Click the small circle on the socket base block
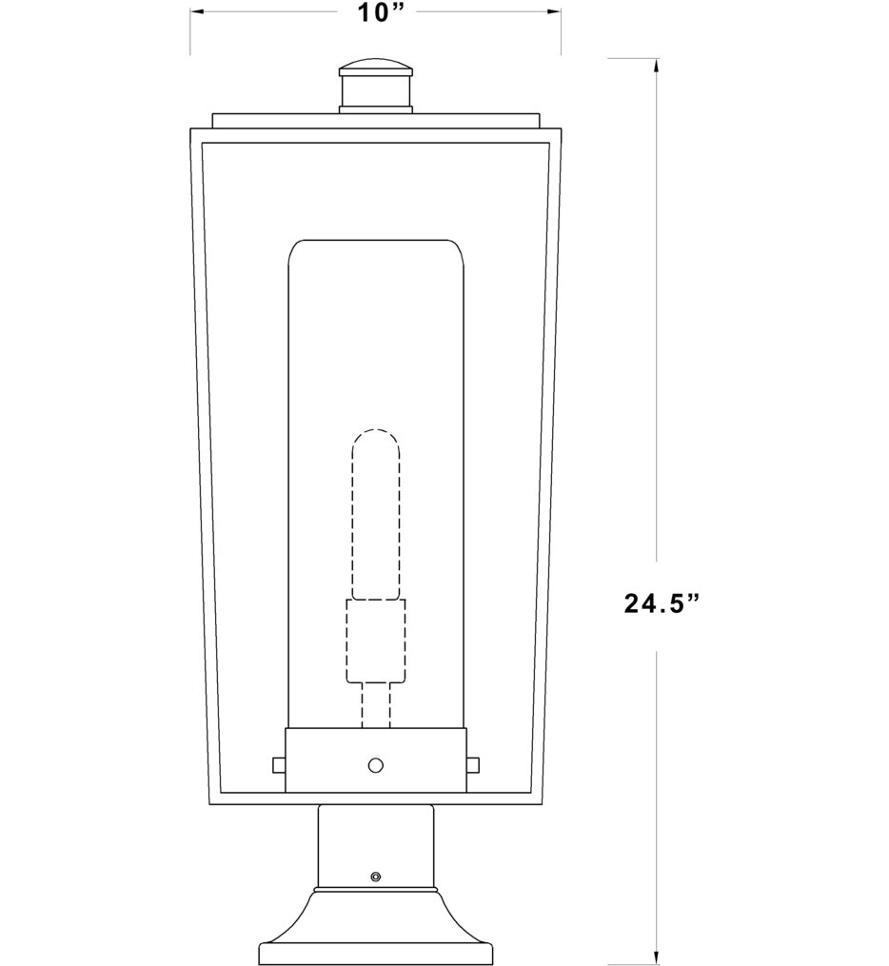376,764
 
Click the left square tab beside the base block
278,764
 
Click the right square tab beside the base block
473,764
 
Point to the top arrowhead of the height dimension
656,65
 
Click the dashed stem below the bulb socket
375,705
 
